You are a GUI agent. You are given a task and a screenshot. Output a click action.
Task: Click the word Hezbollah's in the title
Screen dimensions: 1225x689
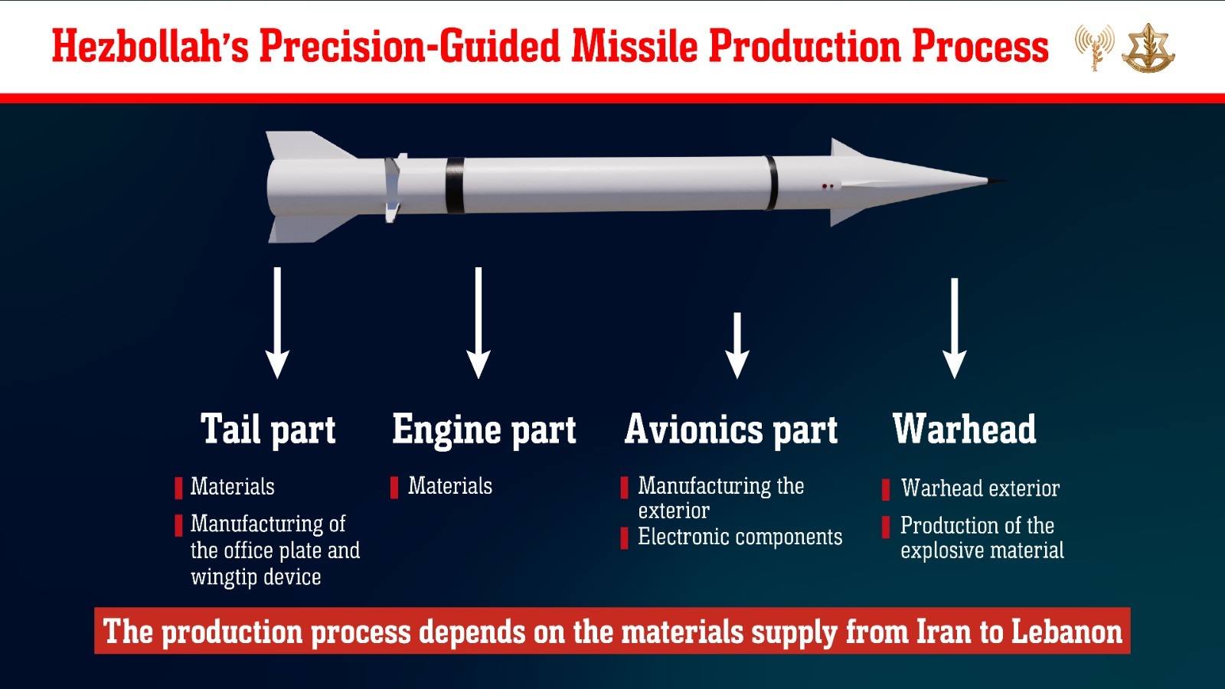pos(150,46)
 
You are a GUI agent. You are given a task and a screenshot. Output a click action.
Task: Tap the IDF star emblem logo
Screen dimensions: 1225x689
pos(1148,48)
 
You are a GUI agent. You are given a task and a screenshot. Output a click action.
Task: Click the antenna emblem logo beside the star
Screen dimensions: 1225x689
pos(1094,47)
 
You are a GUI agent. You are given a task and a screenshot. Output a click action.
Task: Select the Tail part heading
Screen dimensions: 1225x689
pos(268,429)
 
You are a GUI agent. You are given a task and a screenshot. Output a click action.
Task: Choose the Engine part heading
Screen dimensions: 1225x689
pos(485,429)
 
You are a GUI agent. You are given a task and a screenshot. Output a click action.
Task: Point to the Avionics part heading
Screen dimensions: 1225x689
pos(731,429)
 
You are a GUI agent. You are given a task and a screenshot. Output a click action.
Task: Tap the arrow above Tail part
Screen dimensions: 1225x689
pos(277,322)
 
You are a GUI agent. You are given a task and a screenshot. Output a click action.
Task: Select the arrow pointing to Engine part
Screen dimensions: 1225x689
pos(479,322)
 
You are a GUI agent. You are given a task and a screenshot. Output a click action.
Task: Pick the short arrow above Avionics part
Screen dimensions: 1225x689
pos(737,345)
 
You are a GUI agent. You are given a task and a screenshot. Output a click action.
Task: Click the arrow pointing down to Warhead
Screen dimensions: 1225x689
pos(955,328)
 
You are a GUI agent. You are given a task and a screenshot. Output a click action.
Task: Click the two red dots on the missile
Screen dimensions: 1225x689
pos(828,187)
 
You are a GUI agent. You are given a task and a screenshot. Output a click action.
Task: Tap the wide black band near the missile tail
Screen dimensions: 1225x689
pos(455,185)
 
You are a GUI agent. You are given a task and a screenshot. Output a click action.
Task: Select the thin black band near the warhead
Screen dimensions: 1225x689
pos(771,183)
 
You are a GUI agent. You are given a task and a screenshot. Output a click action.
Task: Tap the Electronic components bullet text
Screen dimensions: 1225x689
pos(740,537)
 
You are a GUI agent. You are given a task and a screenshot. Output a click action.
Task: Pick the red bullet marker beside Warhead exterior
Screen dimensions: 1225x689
pos(886,489)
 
